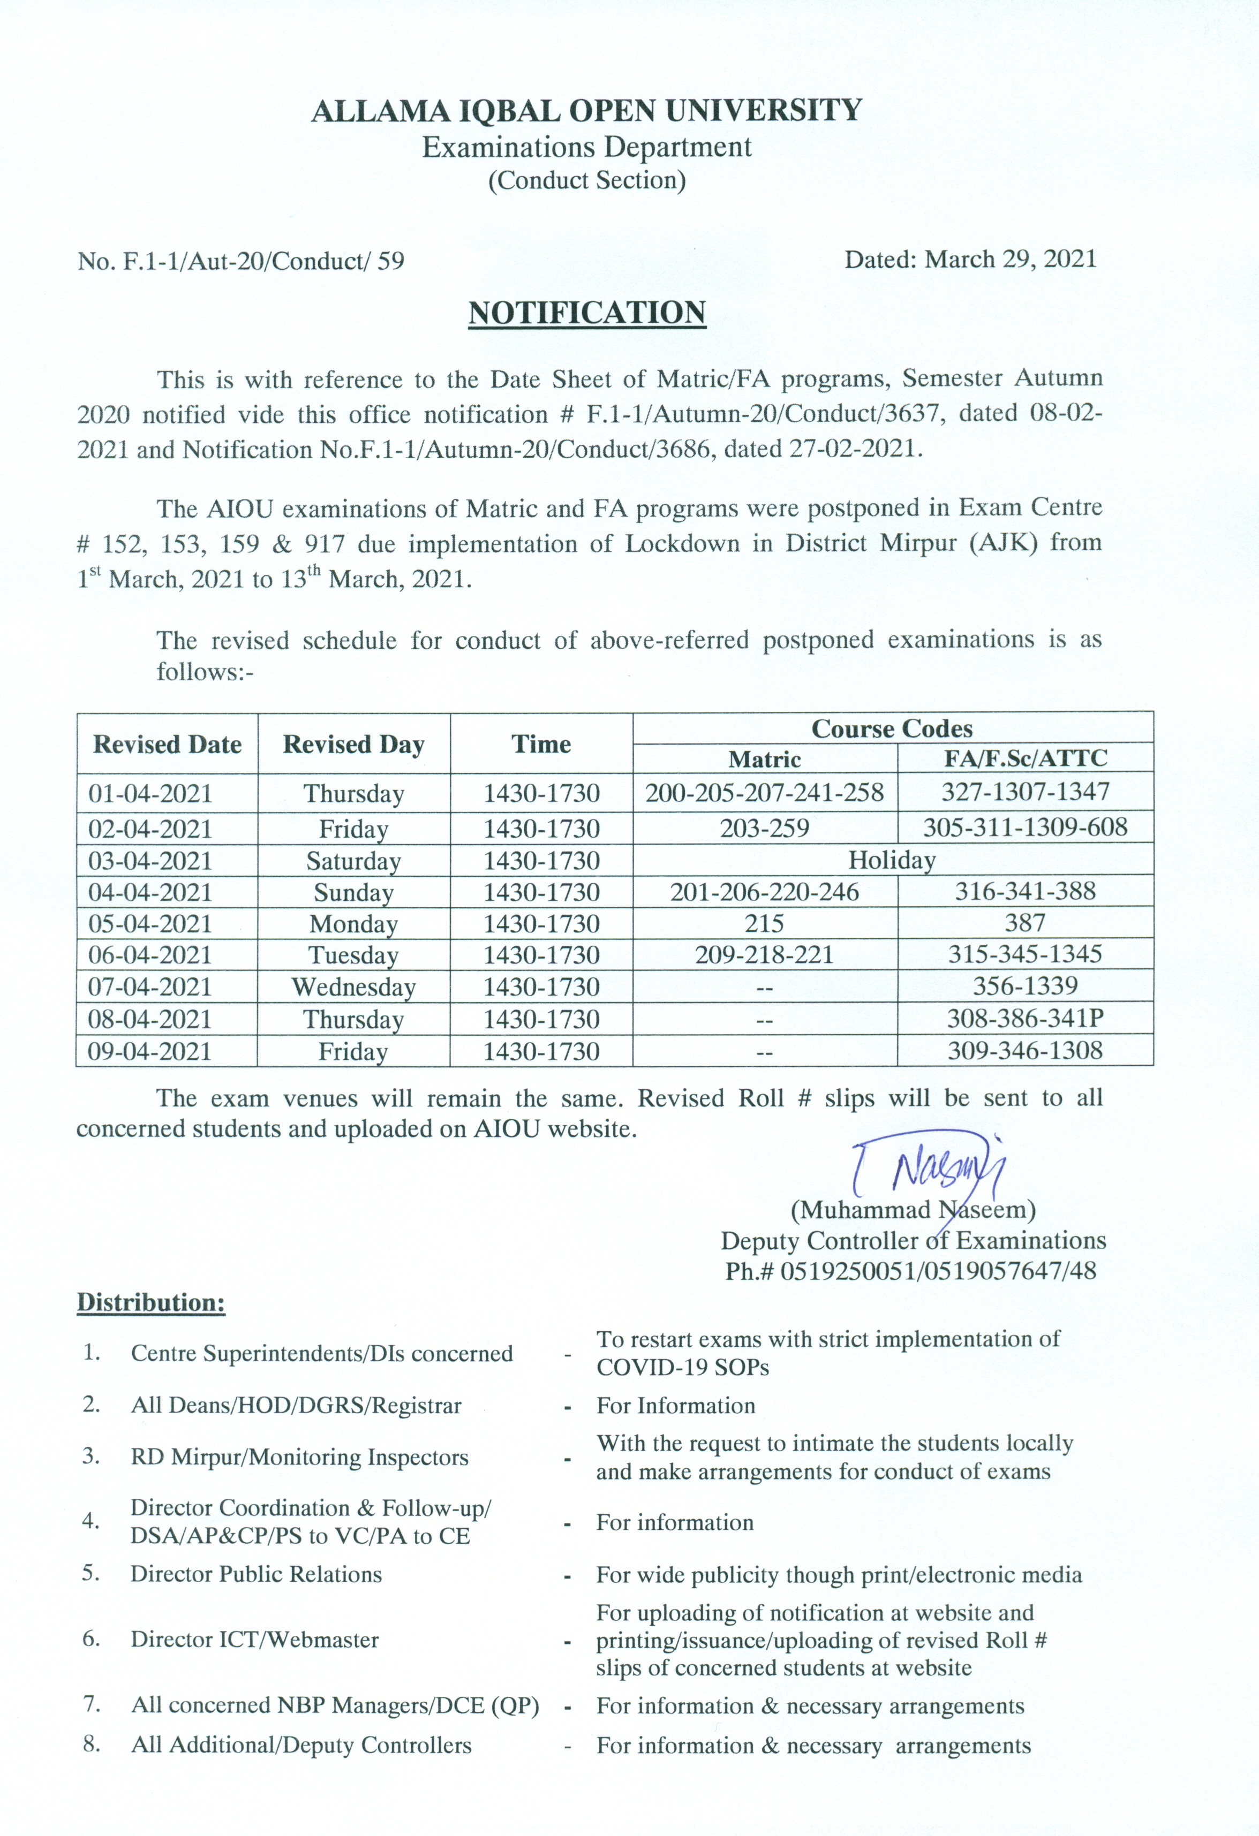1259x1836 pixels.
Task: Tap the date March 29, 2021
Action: pyautogui.click(x=1011, y=259)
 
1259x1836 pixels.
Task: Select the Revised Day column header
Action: pyautogui.click(x=353, y=744)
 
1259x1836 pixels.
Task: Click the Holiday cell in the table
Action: pyautogui.click(x=892, y=860)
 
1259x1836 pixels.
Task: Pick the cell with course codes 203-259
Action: pyautogui.click(x=764, y=828)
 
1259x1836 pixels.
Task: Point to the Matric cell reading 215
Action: pyautogui.click(x=764, y=923)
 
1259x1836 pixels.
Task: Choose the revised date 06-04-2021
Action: pyautogui.click(x=150, y=955)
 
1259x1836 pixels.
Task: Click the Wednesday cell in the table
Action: pyautogui.click(x=353, y=987)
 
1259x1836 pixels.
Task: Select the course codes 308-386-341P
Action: pyautogui.click(x=1025, y=1018)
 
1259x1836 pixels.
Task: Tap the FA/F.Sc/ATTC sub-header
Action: pyautogui.click(x=1025, y=758)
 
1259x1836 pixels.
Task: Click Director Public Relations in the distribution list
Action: pyautogui.click(x=256, y=1574)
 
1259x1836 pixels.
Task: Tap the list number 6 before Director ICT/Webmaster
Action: pyautogui.click(x=91, y=1638)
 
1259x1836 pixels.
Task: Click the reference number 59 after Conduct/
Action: pyautogui.click(x=390, y=261)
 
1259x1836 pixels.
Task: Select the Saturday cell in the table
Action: pyautogui.click(x=353, y=860)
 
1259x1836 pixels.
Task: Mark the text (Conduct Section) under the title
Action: pyautogui.click(x=586, y=181)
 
